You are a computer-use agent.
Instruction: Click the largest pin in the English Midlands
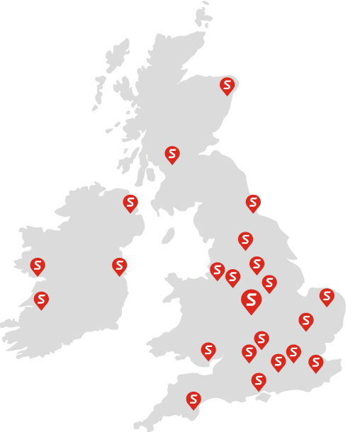tap(251, 300)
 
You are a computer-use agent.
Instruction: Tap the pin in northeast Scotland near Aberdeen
tap(227, 86)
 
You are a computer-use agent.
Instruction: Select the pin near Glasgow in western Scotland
tap(172, 154)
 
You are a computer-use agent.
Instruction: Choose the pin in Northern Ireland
tap(130, 203)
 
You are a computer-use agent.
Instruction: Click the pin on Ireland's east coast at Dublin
tap(119, 266)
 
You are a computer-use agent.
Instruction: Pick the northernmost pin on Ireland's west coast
tap(38, 266)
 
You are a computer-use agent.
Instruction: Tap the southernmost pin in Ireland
tap(41, 300)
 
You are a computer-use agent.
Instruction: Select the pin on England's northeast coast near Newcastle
tap(253, 203)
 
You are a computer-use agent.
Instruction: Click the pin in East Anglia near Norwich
tap(327, 296)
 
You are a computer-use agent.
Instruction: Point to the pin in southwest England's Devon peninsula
tap(193, 399)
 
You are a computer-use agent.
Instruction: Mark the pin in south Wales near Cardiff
tap(208, 350)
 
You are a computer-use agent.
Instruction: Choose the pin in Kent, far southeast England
tap(316, 363)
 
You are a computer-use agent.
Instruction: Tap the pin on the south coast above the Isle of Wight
tap(259, 380)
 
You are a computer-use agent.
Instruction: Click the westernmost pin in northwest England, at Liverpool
tap(217, 270)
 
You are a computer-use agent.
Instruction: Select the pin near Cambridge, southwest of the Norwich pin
tap(306, 321)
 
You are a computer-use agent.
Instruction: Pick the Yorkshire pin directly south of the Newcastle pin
tap(245, 240)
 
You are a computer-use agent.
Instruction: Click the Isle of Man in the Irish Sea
tap(168, 235)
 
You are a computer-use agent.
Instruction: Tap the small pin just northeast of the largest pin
tap(269, 283)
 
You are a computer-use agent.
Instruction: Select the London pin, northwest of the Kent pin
tap(293, 352)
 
